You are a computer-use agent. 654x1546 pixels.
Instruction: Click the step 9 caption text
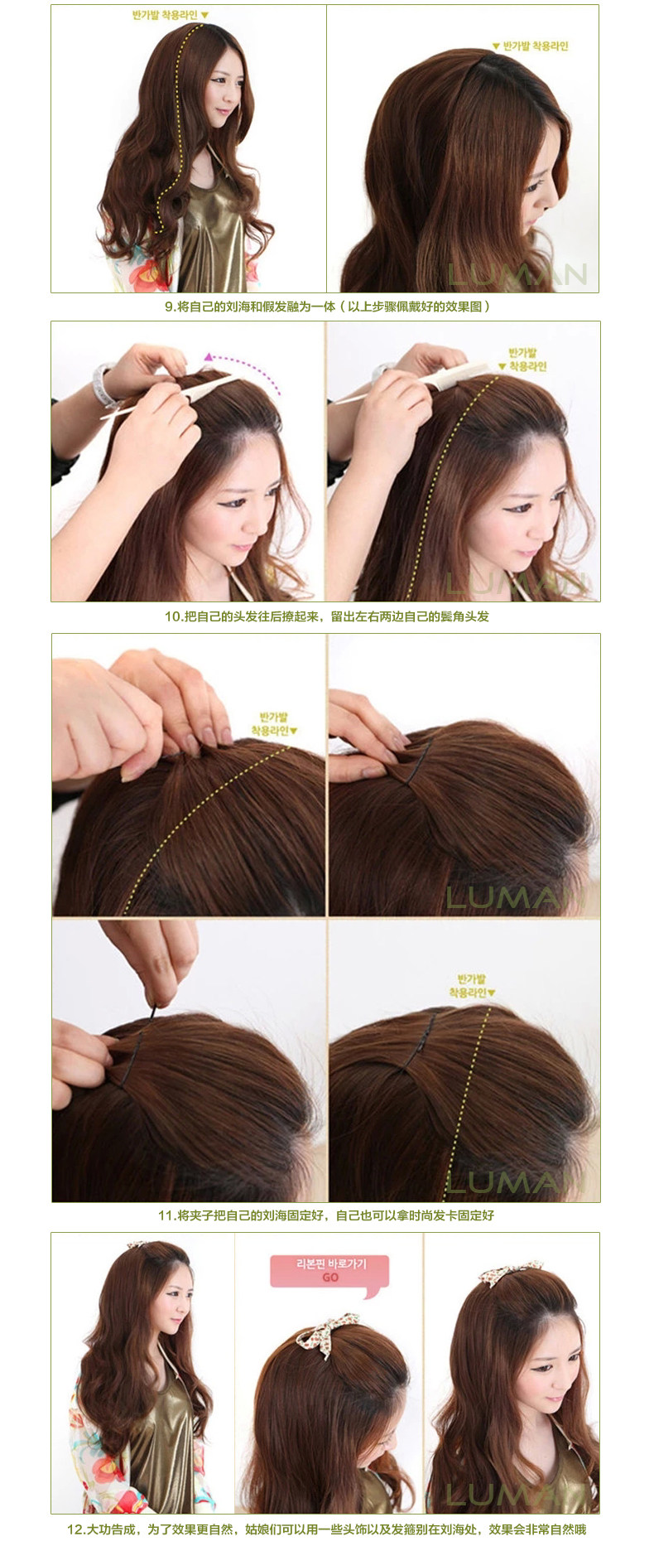(327, 307)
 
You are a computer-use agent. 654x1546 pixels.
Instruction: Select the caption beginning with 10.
(327, 616)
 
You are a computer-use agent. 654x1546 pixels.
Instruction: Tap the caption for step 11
(326, 1215)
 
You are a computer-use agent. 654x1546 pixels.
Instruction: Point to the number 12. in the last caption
(76, 1529)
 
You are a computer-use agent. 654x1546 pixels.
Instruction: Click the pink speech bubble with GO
(329, 1270)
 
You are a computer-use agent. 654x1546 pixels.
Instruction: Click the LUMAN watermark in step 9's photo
(517, 274)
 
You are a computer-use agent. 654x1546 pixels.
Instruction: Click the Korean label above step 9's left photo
(171, 15)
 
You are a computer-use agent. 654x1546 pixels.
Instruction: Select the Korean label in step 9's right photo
(531, 46)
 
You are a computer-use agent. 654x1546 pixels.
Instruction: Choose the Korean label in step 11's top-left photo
(274, 723)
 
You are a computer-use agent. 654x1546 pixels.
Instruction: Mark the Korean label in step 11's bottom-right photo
(472, 986)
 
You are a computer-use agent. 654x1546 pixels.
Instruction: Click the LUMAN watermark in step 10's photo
(517, 583)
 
